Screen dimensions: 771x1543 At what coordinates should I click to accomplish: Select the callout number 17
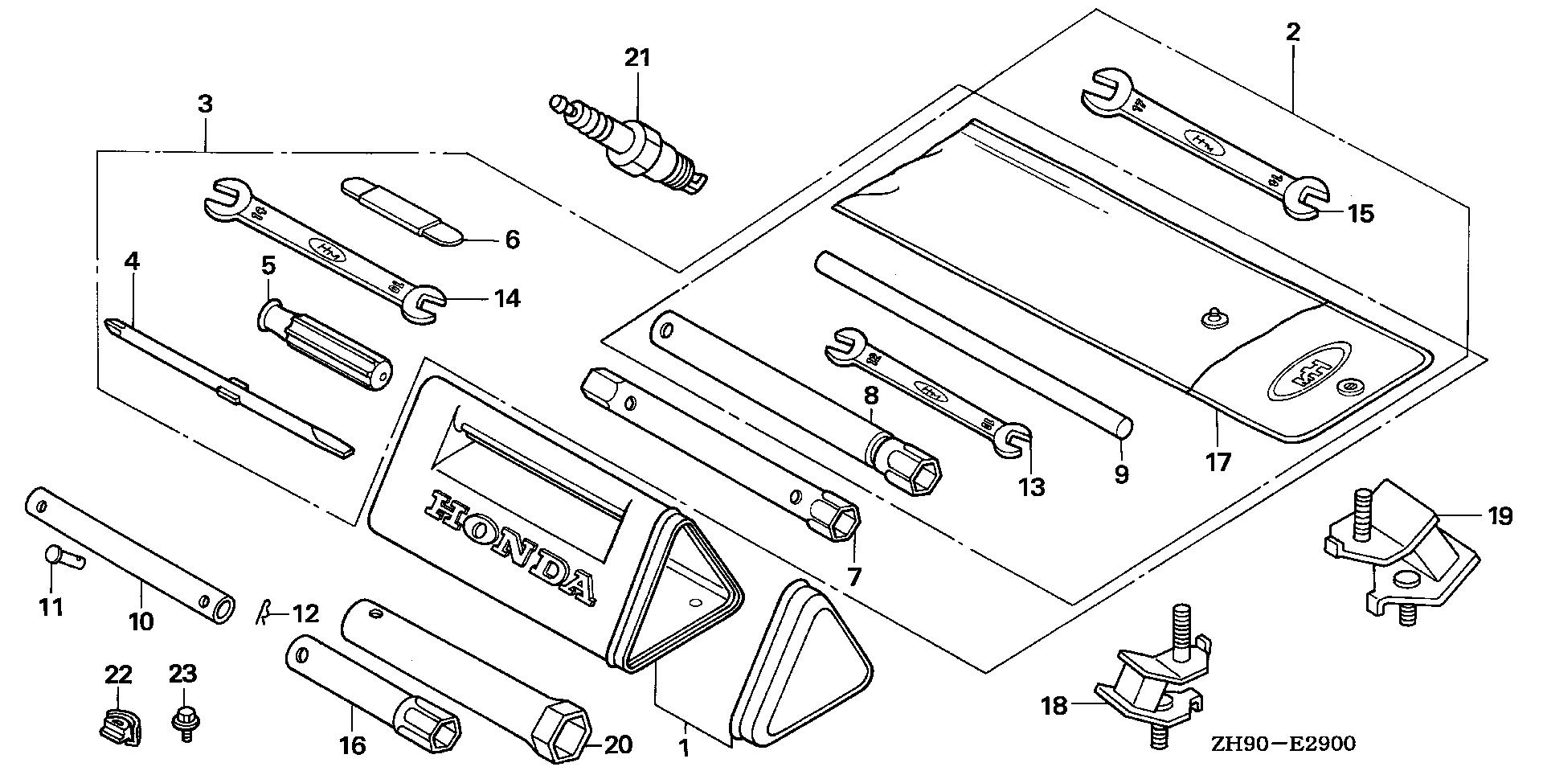pyautogui.click(x=1218, y=462)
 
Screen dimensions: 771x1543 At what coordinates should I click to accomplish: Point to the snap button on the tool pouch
pyautogui.click(x=1212, y=319)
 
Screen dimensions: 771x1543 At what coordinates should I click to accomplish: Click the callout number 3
pyautogui.click(x=205, y=104)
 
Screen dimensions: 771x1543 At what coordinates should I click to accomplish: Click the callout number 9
pyautogui.click(x=1121, y=474)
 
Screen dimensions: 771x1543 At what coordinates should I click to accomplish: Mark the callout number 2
pyautogui.click(x=1292, y=32)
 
